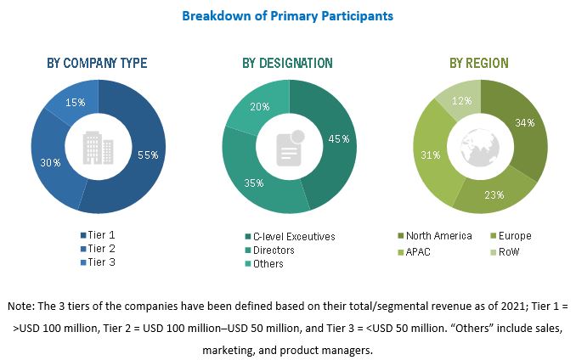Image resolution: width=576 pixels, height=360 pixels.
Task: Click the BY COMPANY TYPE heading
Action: (x=96, y=64)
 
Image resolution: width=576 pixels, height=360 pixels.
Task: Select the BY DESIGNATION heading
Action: (x=287, y=64)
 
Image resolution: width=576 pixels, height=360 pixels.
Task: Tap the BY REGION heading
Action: (x=479, y=64)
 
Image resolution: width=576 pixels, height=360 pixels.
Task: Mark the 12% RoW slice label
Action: (x=456, y=101)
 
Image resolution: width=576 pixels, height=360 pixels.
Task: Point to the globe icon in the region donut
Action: (x=479, y=146)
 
